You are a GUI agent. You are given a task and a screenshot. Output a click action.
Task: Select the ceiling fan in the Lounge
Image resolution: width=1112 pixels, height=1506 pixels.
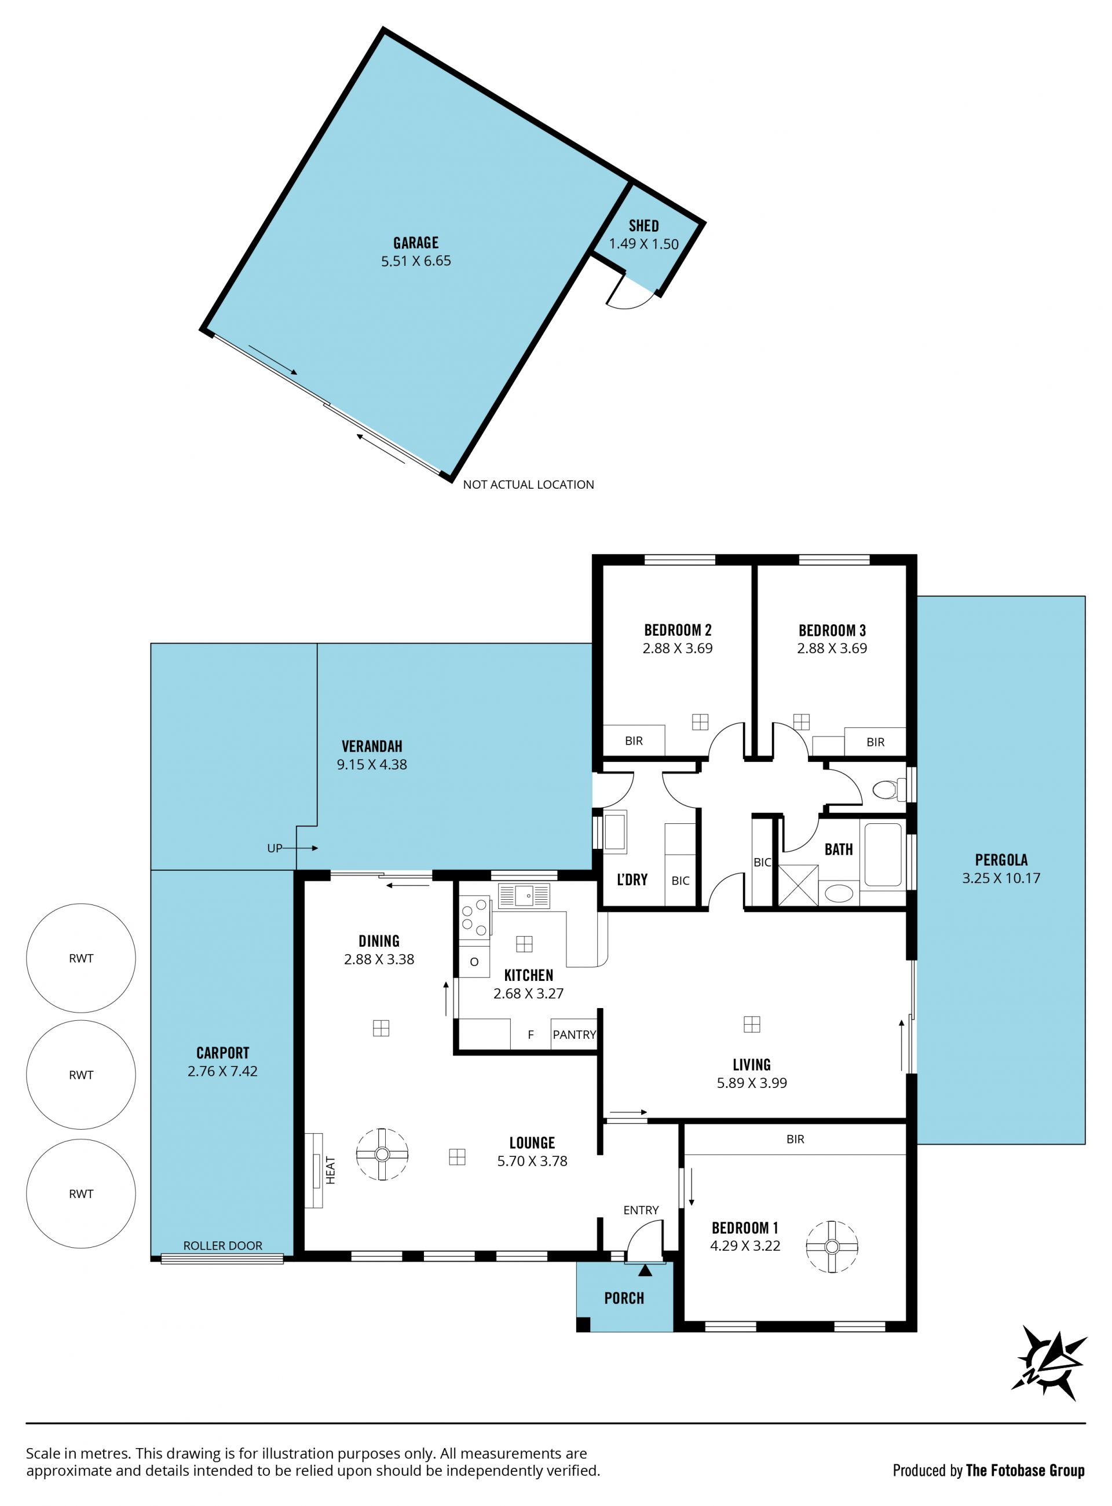point(382,1154)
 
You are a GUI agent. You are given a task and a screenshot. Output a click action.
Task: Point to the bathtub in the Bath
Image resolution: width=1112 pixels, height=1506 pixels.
point(883,855)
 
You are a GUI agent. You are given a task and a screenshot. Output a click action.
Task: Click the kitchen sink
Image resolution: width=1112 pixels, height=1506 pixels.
point(524,896)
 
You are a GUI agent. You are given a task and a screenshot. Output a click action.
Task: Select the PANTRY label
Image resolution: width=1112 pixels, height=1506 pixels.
point(574,1034)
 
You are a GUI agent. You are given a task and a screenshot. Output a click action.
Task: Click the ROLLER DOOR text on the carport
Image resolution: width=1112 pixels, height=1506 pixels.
point(223,1245)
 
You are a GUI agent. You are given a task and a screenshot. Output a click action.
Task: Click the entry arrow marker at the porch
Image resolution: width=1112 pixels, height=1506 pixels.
point(645,1270)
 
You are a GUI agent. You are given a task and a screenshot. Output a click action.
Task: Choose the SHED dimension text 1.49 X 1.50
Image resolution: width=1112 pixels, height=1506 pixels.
point(643,244)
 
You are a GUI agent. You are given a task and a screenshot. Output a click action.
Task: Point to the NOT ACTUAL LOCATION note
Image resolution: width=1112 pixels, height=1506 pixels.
point(528,485)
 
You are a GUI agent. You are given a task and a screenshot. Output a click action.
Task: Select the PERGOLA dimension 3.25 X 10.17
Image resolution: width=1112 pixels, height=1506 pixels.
point(1001,878)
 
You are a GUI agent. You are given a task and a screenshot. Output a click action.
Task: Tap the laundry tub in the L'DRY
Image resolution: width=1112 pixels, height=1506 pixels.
point(614,833)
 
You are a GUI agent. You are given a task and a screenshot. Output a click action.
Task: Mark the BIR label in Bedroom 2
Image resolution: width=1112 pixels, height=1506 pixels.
point(634,741)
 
